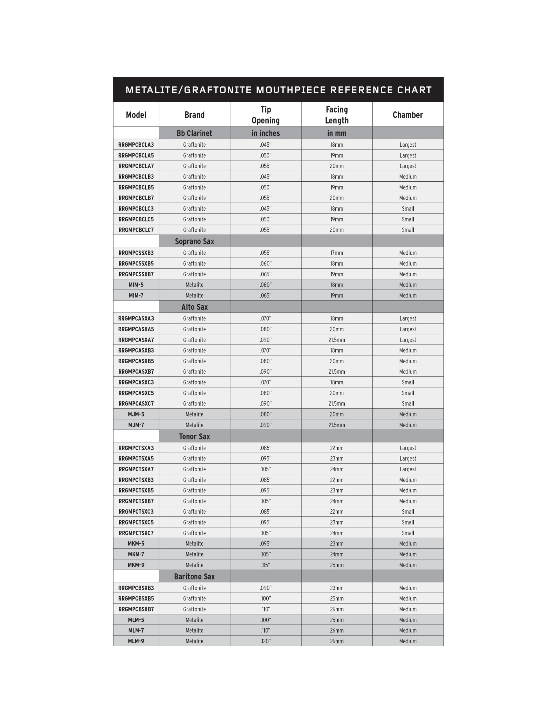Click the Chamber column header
(407, 115)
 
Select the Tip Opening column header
(266, 115)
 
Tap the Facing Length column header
(337, 115)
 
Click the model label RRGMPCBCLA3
(136, 145)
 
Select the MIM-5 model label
(136, 285)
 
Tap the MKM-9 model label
(136, 565)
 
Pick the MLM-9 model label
(136, 641)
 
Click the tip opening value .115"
(266, 565)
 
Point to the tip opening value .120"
(266, 641)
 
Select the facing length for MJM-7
(337, 425)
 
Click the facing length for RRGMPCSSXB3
(337, 253)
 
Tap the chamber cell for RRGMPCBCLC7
(407, 230)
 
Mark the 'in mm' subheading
(337, 133)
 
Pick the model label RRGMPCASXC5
(136, 393)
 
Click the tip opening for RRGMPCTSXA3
(266, 448)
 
